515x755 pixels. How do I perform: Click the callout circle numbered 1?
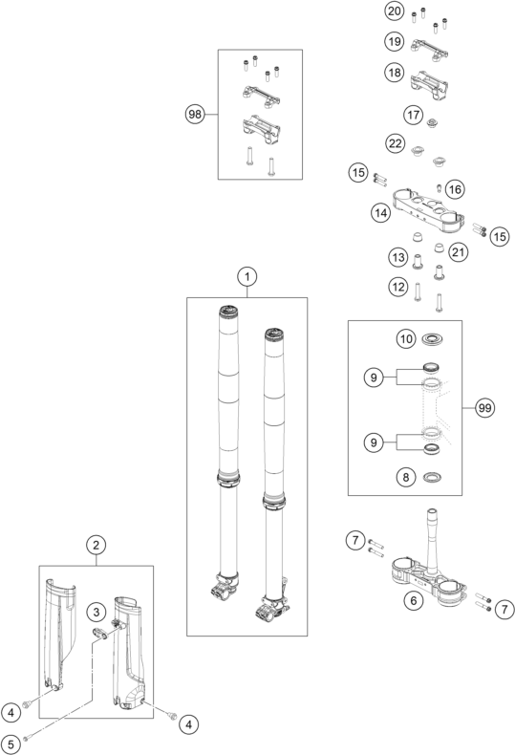247,276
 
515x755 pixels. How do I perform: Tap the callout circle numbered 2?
97,545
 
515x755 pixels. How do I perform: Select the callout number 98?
195,114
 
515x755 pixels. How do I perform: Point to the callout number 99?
484,408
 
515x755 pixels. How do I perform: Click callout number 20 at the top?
395,11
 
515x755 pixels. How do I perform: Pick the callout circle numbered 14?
380,212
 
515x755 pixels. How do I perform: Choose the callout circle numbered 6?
414,600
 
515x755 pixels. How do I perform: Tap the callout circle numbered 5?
11,744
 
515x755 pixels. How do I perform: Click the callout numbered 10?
406,339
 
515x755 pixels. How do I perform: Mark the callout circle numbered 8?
406,477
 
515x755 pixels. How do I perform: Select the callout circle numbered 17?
413,115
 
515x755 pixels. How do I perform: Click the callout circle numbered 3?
97,612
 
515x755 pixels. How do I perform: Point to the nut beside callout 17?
432,123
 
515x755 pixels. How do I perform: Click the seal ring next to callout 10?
432,339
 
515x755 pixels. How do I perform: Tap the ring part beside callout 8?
432,478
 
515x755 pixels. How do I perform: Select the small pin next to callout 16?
439,187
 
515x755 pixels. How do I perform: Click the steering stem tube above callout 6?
431,539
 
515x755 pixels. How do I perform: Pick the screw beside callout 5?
26,736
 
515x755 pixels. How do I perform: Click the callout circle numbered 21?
458,252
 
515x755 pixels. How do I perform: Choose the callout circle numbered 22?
396,143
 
